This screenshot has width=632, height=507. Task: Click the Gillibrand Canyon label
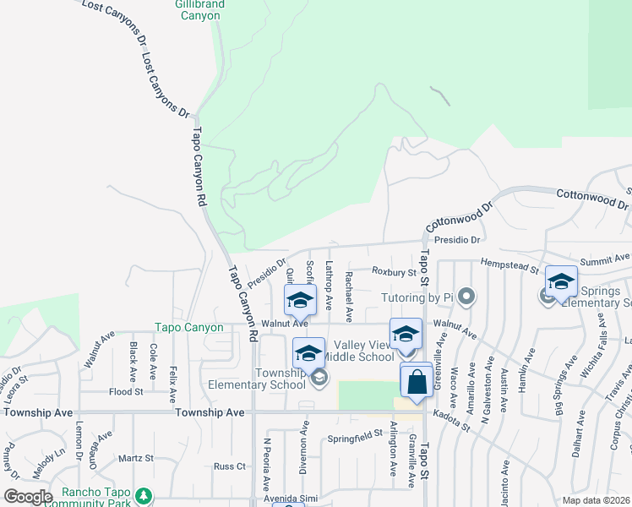pos(199,10)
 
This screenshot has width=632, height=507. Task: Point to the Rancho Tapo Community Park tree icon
pos(144,494)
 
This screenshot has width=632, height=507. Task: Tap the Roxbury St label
pos(395,272)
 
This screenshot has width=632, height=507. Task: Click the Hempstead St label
pos(510,267)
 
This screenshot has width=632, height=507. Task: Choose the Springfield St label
pos(355,436)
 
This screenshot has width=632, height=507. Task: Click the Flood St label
pos(126,392)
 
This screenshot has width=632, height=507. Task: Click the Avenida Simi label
pos(291,499)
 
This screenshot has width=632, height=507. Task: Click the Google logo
pos(28,497)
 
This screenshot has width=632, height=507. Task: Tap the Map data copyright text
pos(597,500)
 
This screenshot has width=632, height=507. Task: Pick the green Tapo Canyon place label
pos(188,328)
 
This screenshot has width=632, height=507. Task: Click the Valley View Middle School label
pos(363,351)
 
